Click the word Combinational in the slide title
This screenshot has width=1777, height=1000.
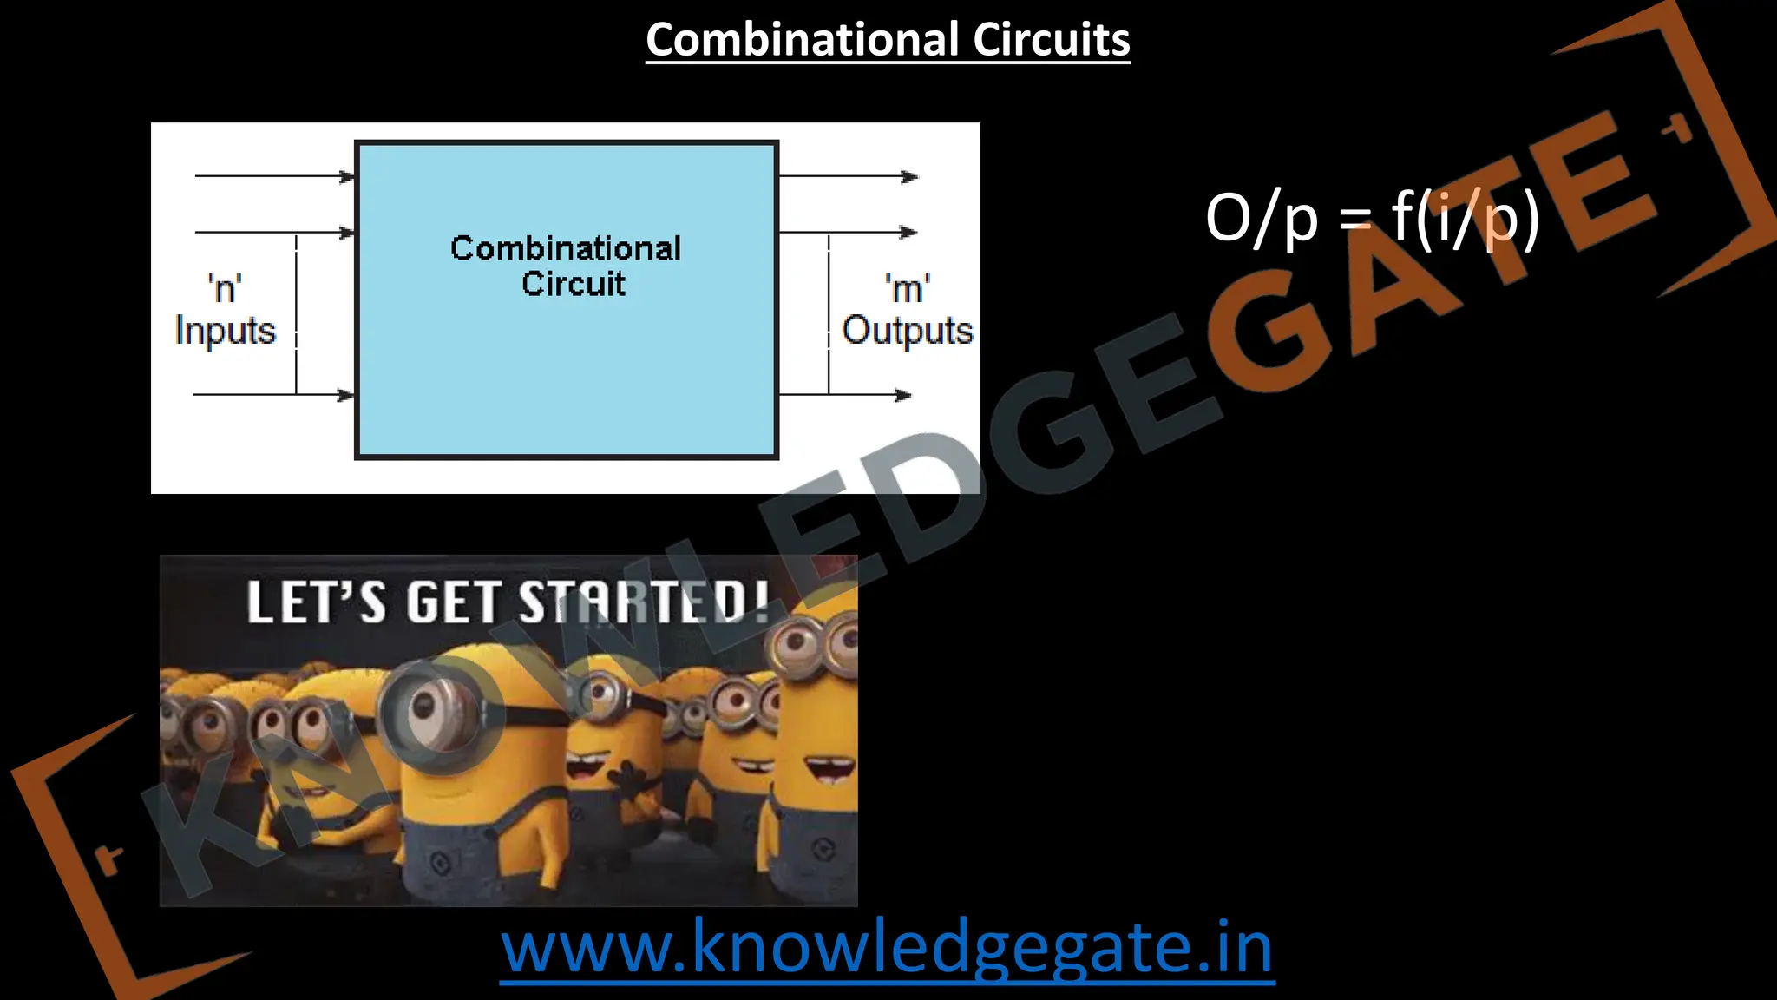pos(803,40)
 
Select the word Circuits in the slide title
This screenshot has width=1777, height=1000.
pos(1051,40)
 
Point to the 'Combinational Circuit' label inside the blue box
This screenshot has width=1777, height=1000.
pos(566,266)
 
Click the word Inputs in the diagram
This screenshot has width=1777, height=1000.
pos(225,331)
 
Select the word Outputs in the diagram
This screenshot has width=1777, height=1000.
pos(908,331)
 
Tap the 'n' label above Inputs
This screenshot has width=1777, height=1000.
pos(225,287)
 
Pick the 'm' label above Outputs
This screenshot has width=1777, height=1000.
pos(908,287)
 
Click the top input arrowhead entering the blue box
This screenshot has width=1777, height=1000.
pos(347,177)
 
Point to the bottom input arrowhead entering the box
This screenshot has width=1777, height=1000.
pos(346,396)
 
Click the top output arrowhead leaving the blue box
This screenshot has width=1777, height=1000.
pos(909,177)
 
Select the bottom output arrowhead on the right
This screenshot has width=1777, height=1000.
pos(903,396)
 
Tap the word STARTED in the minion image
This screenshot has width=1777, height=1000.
pos(644,602)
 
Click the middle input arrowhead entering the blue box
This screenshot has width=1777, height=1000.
pos(347,233)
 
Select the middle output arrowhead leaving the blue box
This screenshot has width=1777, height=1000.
pos(908,233)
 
